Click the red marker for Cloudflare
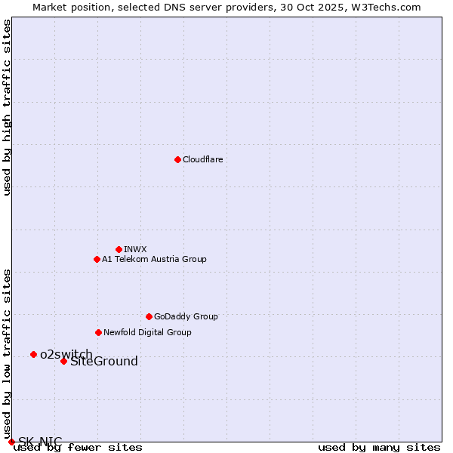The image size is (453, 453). click(x=177, y=159)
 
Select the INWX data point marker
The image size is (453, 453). click(x=119, y=249)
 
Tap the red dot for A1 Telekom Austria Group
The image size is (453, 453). click(x=97, y=259)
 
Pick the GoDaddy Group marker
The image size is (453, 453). click(x=149, y=316)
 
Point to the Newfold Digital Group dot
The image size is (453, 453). click(x=98, y=332)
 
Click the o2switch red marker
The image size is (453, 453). click(x=33, y=354)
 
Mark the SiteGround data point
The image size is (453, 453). click(x=63, y=361)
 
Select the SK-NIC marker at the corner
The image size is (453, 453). click(x=11, y=442)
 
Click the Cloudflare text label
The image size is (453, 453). click(x=202, y=159)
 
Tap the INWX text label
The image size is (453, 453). click(x=135, y=249)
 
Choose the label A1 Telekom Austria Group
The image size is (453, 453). click(x=154, y=259)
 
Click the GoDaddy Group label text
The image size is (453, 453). click(x=186, y=316)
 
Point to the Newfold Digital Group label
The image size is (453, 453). click(x=147, y=332)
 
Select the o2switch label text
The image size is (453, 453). click(x=66, y=354)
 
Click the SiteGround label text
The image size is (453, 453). click(x=104, y=361)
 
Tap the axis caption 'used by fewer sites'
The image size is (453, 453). click(x=78, y=447)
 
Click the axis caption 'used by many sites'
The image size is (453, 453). click(x=379, y=447)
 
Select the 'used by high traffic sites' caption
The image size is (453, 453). click(x=8, y=107)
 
